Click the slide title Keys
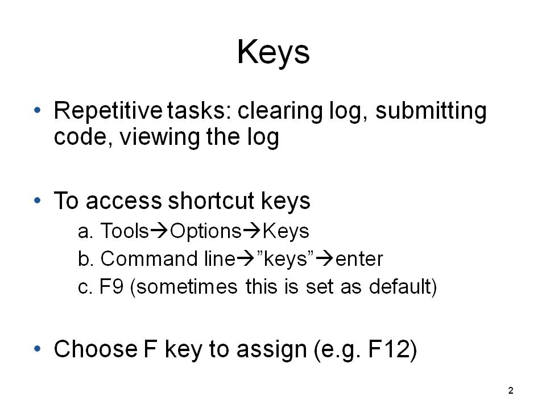pyautogui.click(x=274, y=52)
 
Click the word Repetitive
pyautogui.click(x=108, y=111)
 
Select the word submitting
pyautogui.click(x=431, y=112)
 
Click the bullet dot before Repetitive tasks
pyautogui.click(x=38, y=110)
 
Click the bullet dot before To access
pyautogui.click(x=38, y=201)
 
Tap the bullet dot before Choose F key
pyautogui.click(x=38, y=348)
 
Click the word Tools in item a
pyautogui.click(x=125, y=231)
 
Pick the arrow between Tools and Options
pyautogui.click(x=159, y=231)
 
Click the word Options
pyautogui.click(x=205, y=232)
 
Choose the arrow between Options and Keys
pyautogui.click(x=251, y=231)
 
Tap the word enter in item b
pyautogui.click(x=359, y=260)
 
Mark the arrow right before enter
pyautogui.click(x=325, y=259)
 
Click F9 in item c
pyautogui.click(x=111, y=287)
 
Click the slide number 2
pyautogui.click(x=511, y=391)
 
